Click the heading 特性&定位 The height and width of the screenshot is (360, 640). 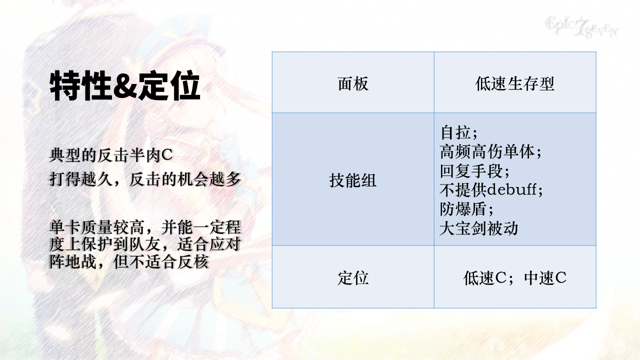pyautogui.click(x=125, y=85)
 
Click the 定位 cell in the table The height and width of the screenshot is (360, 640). pyautogui.click(x=353, y=277)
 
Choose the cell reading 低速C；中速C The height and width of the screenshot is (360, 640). pyautogui.click(x=515, y=277)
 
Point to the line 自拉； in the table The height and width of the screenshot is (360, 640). pyautogui.click(x=459, y=132)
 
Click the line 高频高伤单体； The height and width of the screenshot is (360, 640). pyautogui.click(x=491, y=151)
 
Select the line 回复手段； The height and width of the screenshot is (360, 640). pyautogui.click(x=475, y=171)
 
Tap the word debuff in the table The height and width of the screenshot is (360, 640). pyautogui.click(x=511, y=189)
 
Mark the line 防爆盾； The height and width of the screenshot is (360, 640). pyautogui.click(x=467, y=209)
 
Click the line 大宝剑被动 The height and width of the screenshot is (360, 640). pyautogui.click(x=479, y=228)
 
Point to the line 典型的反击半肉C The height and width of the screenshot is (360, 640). pyautogui.click(x=111, y=155)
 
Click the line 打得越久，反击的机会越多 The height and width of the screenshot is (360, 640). pyautogui.click(x=145, y=179)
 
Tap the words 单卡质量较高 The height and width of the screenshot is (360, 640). pyautogui.click(x=97, y=227)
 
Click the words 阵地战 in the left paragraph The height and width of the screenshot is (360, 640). pyautogui.click(x=73, y=261)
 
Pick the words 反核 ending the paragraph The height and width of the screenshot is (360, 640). pyautogui.click(x=193, y=261)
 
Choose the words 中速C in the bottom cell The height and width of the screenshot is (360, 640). pyautogui.click(x=545, y=277)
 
